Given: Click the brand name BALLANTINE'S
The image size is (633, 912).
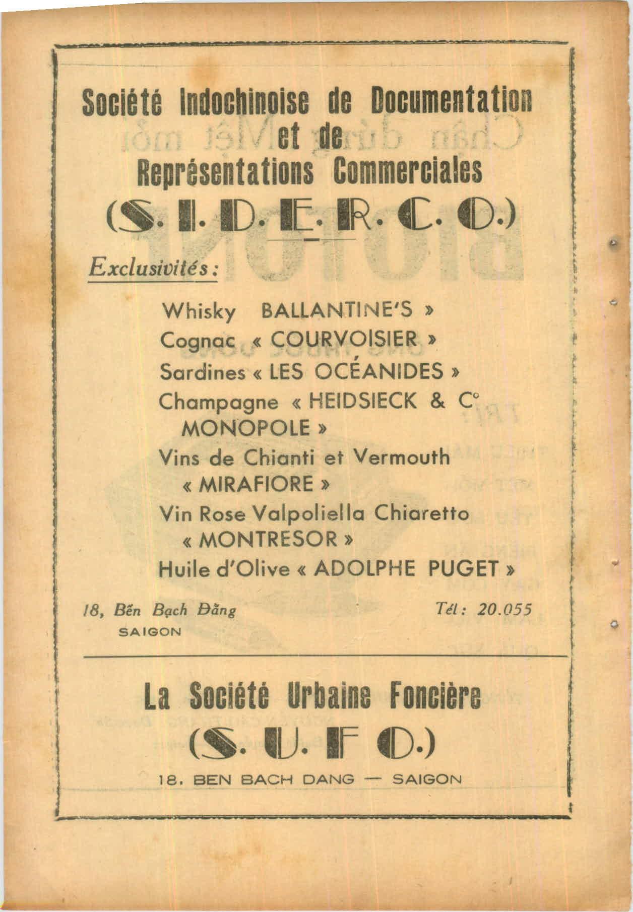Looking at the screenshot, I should tap(336, 311).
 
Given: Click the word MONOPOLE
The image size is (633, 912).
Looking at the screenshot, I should tap(246, 429).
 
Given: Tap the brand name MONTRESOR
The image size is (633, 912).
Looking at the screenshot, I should tap(266, 541).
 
